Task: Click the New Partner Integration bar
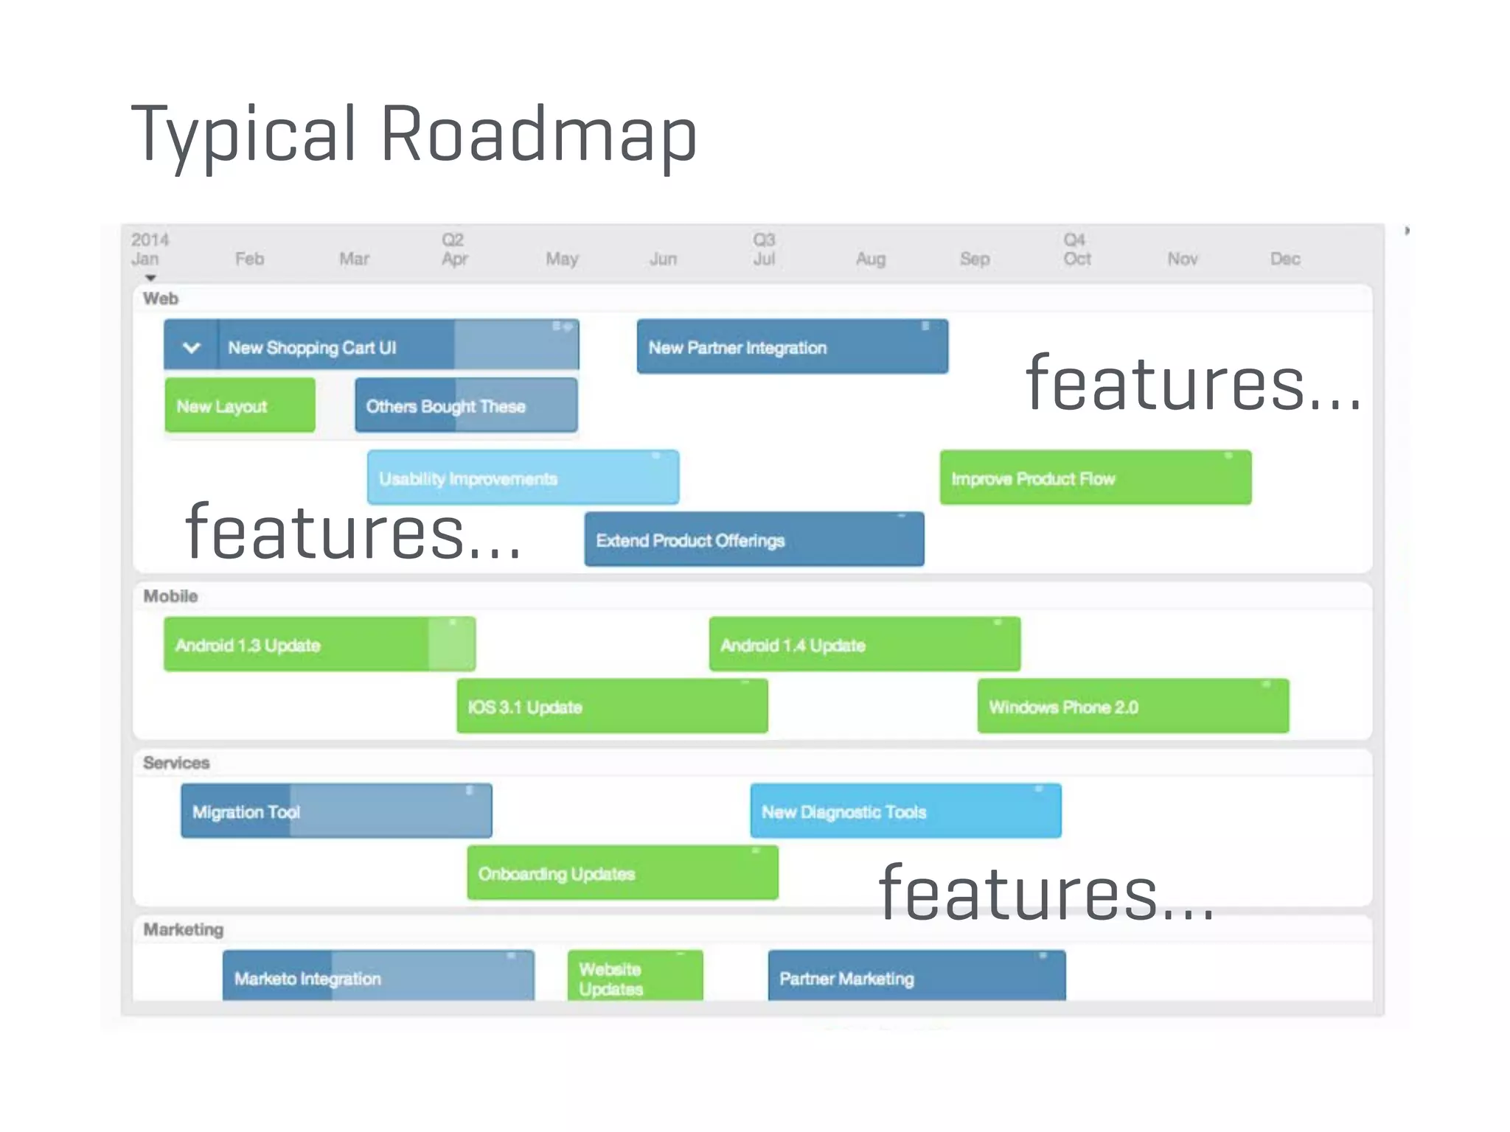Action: (x=792, y=347)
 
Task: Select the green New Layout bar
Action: (x=240, y=405)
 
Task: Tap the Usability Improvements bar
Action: (x=523, y=478)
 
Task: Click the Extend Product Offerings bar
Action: (x=754, y=540)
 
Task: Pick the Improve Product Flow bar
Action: (x=1095, y=478)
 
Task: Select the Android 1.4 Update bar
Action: (x=864, y=645)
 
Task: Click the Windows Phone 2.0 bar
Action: (x=1132, y=707)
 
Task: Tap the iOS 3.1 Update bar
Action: (x=612, y=707)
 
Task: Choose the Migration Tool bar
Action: (x=336, y=811)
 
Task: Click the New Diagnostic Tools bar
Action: (x=905, y=811)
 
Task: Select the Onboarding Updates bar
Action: (x=622, y=873)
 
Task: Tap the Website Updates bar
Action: (x=635, y=977)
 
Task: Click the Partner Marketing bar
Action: (x=916, y=977)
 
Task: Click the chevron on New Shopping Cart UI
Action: (x=191, y=347)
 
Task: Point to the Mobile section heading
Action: (x=170, y=596)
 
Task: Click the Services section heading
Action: (x=176, y=763)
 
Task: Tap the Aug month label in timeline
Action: (x=870, y=259)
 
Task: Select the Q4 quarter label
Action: (x=1074, y=240)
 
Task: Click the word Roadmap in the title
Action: (x=538, y=134)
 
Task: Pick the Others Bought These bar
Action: (x=466, y=405)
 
